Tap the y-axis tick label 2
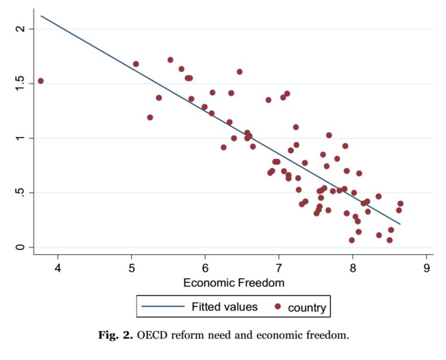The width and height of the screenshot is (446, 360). [x=21, y=29]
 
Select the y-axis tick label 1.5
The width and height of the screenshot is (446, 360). [x=21, y=84]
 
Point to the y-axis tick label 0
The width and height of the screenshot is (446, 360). [x=21, y=247]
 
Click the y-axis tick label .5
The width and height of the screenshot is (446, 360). [x=21, y=193]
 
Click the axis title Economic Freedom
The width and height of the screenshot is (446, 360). [x=234, y=283]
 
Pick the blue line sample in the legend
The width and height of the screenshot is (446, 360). [x=162, y=307]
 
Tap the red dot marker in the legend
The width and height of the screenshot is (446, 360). [x=278, y=307]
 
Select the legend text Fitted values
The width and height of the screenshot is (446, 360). [x=225, y=307]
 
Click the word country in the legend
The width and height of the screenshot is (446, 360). [x=307, y=307]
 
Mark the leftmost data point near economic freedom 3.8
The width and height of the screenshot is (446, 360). [x=41, y=81]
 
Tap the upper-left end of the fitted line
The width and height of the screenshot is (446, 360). [x=41, y=16]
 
